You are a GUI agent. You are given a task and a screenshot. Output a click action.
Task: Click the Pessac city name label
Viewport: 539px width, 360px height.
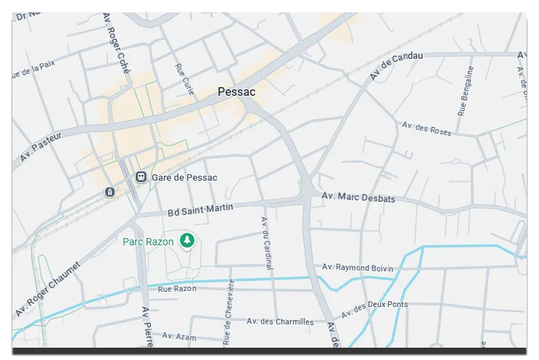[236, 92]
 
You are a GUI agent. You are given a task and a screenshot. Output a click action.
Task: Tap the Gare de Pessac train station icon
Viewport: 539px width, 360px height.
[141, 176]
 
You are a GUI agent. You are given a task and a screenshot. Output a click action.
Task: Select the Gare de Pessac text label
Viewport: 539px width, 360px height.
[184, 177]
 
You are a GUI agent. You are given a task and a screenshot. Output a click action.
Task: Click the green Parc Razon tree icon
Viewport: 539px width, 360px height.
[187, 240]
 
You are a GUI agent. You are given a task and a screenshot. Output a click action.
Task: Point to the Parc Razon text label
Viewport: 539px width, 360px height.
[148, 240]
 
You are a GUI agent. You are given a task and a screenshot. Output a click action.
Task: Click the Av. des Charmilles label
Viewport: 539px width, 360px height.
[280, 322]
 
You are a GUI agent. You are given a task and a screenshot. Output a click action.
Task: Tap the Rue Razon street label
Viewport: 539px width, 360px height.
[177, 289]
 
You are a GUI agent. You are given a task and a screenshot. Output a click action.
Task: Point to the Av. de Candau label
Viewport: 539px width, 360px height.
[395, 67]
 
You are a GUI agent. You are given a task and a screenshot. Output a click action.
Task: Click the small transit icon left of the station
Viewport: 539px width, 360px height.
[109, 192]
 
